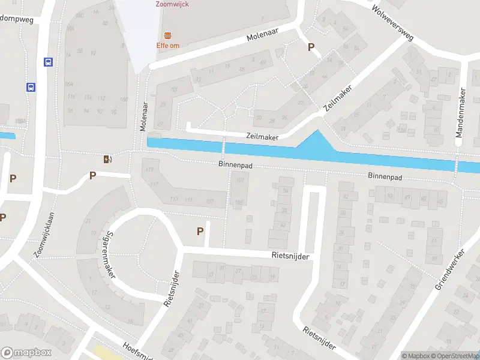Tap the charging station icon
coord(107,159)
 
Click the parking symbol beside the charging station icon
coord(92,175)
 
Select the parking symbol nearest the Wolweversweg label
coord(311,47)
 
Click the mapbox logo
coord(26,353)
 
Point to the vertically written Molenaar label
coord(144,116)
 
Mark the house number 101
coord(240,179)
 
